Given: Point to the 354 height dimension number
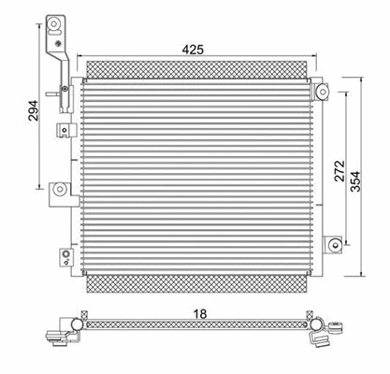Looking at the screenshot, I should [357, 175].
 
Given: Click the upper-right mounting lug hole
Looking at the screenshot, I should [322, 92].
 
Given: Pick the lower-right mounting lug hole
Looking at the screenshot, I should [334, 245].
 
